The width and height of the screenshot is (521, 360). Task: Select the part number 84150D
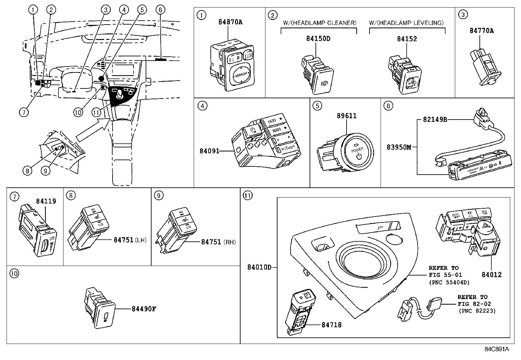318,39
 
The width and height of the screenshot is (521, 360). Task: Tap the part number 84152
407,39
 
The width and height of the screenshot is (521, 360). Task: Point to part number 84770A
481,30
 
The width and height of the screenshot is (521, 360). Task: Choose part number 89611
347,116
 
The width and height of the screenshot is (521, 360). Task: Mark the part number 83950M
399,147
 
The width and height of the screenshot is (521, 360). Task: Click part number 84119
46,201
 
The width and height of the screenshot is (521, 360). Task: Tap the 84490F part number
144,309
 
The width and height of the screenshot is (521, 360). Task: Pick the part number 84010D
259,267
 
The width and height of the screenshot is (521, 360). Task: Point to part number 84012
491,275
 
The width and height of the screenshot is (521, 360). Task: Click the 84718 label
331,325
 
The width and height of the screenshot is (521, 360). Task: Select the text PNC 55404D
449,282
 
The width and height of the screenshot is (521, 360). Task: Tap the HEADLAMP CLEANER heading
319,23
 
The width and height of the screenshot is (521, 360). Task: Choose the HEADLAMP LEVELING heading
407,23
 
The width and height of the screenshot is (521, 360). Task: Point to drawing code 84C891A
497,349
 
